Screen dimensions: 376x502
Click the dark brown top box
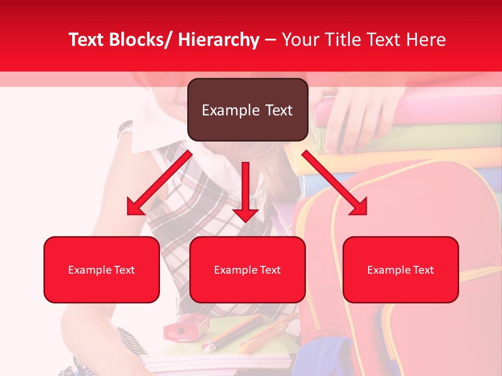(247, 110)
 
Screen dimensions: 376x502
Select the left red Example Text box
(101, 269)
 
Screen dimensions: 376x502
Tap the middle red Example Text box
(247, 269)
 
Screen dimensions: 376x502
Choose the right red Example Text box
(401, 269)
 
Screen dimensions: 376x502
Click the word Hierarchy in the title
(218, 40)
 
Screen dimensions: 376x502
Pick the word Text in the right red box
(423, 270)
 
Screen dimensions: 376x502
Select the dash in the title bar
(270, 40)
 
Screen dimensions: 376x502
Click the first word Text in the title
(87, 40)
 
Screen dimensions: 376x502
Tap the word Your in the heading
(298, 40)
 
